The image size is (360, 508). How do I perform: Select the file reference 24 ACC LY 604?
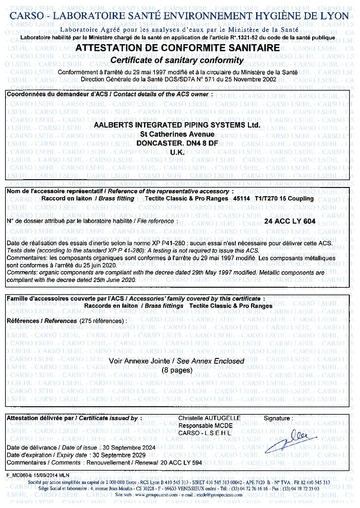289,221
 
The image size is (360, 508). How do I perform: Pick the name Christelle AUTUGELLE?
210,418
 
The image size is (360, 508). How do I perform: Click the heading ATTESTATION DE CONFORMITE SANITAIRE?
178,48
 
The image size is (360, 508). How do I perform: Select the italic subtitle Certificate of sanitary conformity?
177,60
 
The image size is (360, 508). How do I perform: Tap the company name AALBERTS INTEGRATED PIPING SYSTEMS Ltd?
177,125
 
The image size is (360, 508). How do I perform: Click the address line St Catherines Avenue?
177,135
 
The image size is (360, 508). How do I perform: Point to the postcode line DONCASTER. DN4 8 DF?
177,143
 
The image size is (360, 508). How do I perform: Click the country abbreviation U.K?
177,152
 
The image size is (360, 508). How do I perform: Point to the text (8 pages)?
177,370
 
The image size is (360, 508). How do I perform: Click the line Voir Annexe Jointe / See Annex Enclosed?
177,361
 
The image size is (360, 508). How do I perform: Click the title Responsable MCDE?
205,426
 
